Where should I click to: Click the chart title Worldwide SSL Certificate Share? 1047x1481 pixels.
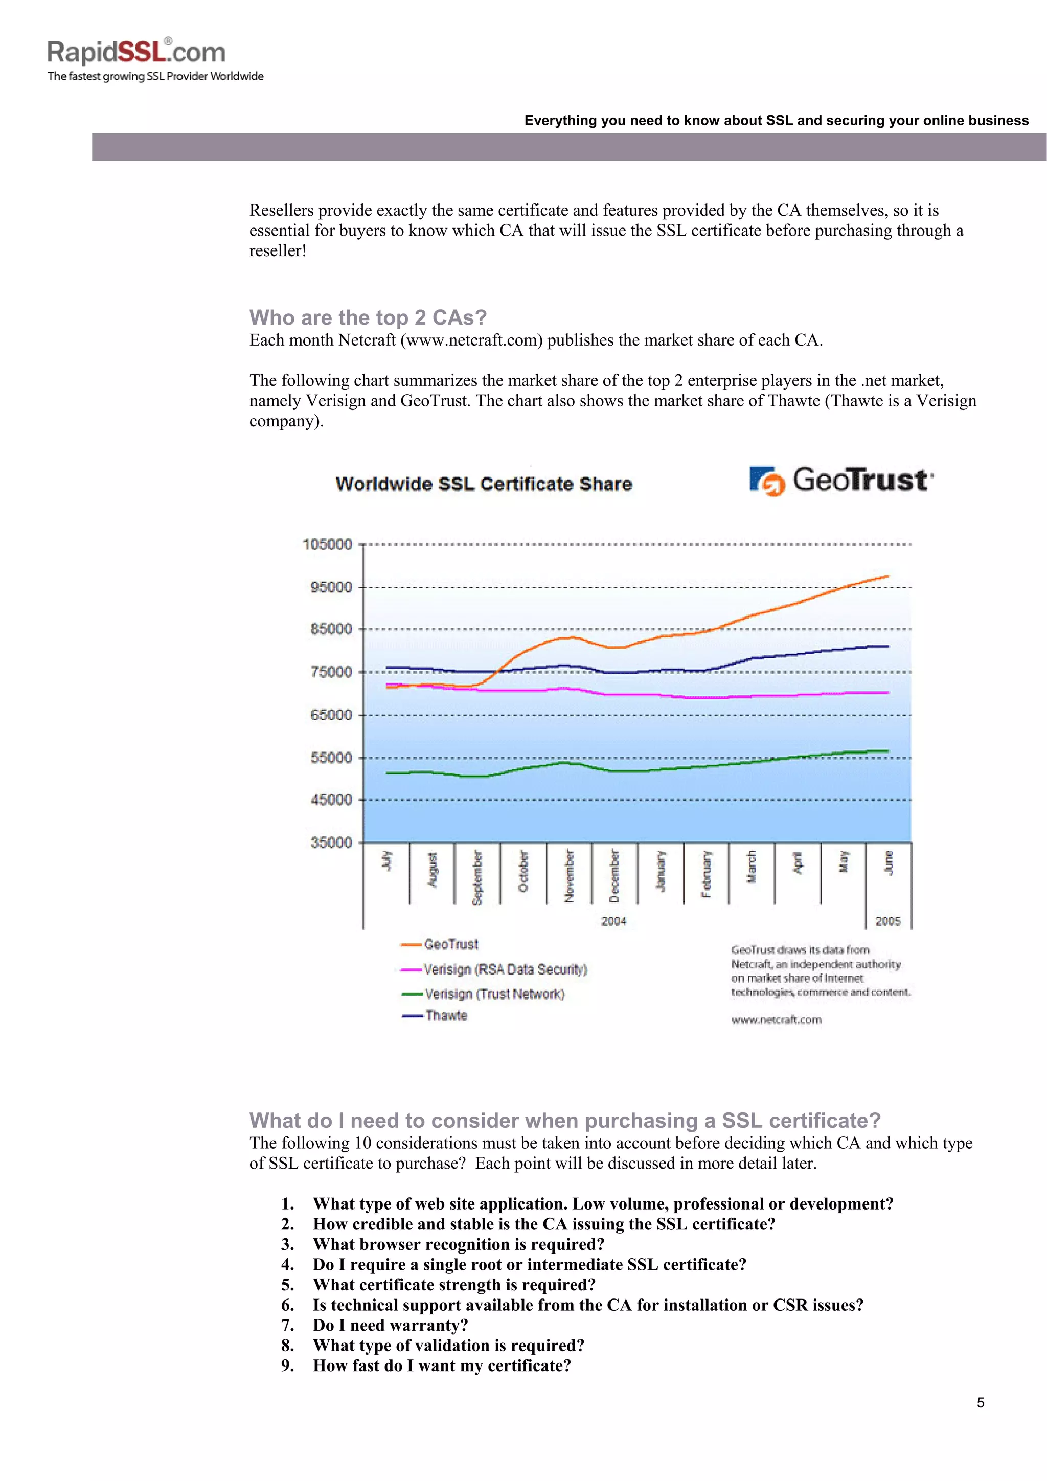coord(483,484)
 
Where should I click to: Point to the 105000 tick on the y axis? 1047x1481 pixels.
coord(328,544)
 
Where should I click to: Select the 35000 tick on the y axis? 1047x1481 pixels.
coord(331,842)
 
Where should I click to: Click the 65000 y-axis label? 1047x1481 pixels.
coord(331,715)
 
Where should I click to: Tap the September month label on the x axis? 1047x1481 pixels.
coord(477,877)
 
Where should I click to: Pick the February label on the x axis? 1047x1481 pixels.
coord(707,874)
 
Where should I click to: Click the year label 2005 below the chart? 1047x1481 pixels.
coord(887,921)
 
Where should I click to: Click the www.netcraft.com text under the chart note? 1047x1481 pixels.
coord(776,1020)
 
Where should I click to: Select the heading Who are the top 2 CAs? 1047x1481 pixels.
coord(368,317)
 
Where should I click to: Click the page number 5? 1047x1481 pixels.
coord(980,1402)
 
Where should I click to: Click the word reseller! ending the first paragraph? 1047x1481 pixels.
coord(278,251)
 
